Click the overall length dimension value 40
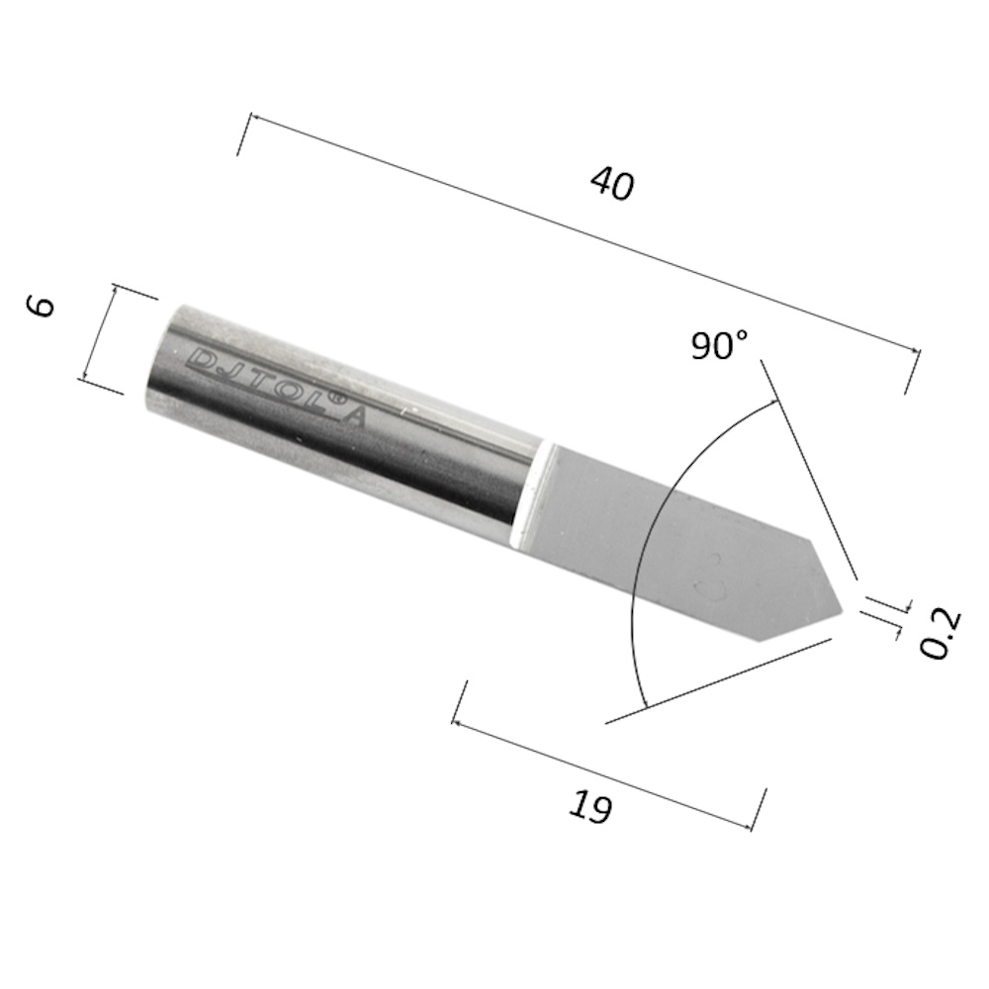[x=611, y=184]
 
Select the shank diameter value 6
[x=41, y=307]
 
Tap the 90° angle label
[x=719, y=344]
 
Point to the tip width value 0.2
[x=940, y=633]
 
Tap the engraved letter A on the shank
[x=356, y=418]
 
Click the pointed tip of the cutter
[x=843, y=610]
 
